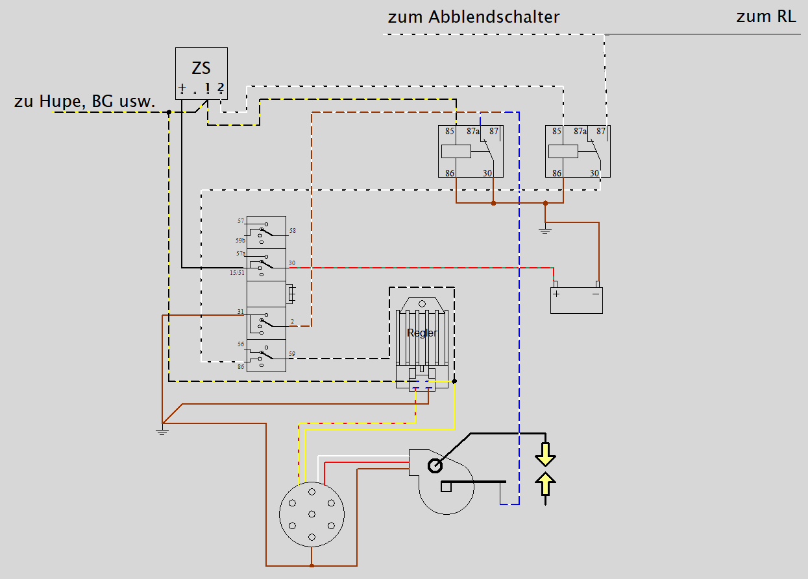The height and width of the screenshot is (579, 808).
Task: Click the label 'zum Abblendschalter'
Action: tap(473, 17)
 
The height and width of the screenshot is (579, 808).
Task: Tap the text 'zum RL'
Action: tap(766, 17)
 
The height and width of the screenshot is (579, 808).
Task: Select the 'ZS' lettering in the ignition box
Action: tap(201, 68)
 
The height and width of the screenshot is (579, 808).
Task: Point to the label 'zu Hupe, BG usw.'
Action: tap(84, 101)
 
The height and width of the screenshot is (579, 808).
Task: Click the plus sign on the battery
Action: tap(556, 294)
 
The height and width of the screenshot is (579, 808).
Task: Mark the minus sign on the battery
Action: tap(596, 294)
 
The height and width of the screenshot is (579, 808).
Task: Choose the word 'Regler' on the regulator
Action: tap(422, 333)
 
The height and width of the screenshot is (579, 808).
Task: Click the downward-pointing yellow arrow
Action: tap(545, 455)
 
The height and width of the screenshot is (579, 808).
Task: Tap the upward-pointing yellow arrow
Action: tap(545, 485)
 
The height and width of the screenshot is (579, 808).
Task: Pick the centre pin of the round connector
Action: tap(312, 514)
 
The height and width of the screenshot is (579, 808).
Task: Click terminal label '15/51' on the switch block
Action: tap(237, 273)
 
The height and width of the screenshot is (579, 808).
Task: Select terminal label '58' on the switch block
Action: tap(293, 231)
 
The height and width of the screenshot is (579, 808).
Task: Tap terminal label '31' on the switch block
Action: tap(240, 312)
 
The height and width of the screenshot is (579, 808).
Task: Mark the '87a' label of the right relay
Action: tap(580, 132)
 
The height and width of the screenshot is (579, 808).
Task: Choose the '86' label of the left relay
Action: tap(450, 173)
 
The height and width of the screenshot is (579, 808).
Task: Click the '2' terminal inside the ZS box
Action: tap(221, 86)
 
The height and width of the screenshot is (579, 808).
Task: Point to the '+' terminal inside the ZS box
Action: tap(182, 87)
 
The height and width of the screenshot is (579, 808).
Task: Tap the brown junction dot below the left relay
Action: tap(493, 203)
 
